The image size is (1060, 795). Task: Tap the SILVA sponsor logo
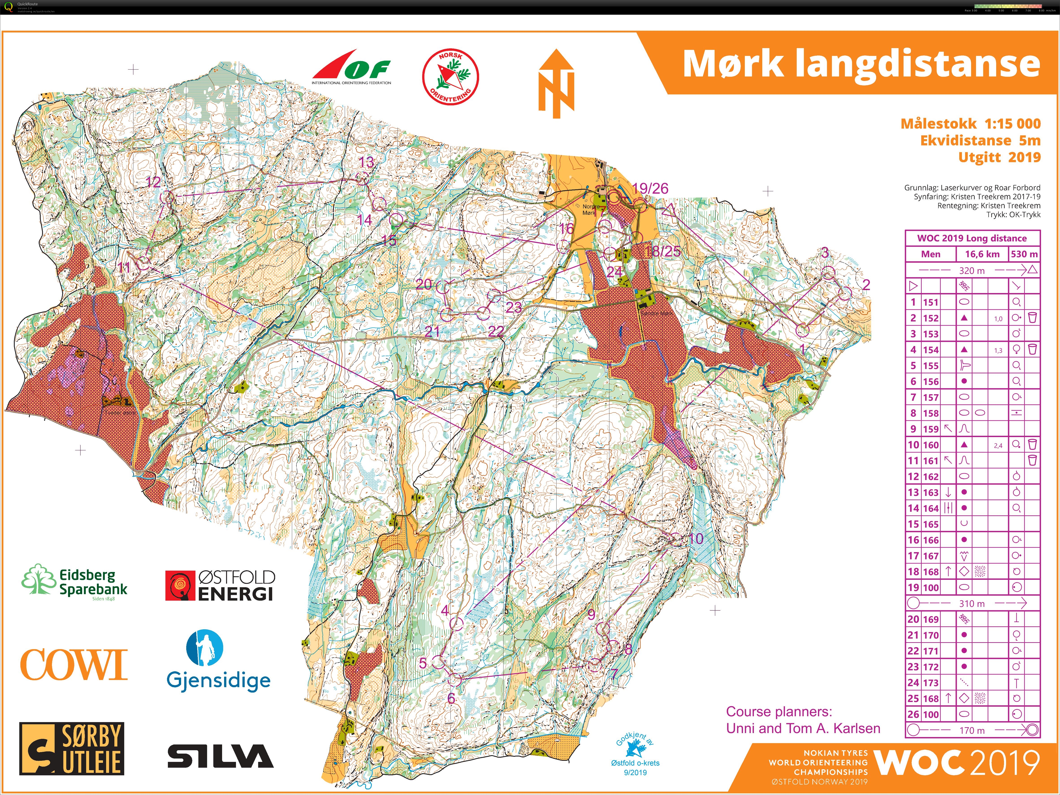point(221,756)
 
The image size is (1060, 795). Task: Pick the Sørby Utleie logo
point(72,748)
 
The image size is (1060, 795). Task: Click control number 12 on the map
point(153,182)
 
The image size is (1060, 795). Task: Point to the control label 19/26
point(650,188)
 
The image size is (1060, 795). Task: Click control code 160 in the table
point(931,445)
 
